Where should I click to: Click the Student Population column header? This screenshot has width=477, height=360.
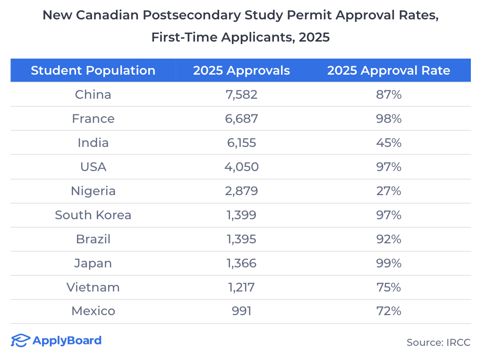click(x=93, y=71)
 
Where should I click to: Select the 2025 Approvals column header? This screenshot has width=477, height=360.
click(x=241, y=71)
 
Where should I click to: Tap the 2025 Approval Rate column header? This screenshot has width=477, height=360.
click(x=389, y=71)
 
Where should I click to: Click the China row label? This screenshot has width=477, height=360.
click(x=93, y=94)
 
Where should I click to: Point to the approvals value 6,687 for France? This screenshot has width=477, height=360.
click(x=241, y=119)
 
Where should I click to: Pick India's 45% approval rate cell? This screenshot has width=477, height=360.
click(x=389, y=143)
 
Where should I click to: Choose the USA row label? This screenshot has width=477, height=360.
click(x=93, y=167)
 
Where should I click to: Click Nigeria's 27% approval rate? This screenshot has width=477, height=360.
click(x=389, y=191)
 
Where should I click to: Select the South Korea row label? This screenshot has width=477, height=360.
click(x=93, y=215)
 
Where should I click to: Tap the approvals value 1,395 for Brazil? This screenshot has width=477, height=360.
click(x=241, y=239)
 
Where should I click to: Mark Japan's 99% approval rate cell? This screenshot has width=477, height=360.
click(x=389, y=263)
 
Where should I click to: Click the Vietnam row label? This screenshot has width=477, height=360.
click(x=93, y=287)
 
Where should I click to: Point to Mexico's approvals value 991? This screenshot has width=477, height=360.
click(x=241, y=311)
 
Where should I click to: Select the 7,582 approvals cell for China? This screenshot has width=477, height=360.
click(x=241, y=94)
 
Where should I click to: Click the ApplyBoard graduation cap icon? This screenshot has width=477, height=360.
click(x=20, y=341)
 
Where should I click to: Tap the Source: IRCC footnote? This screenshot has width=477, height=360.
click(x=438, y=343)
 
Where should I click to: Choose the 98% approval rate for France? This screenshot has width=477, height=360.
click(x=389, y=119)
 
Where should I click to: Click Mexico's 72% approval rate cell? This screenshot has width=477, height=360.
click(x=389, y=311)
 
